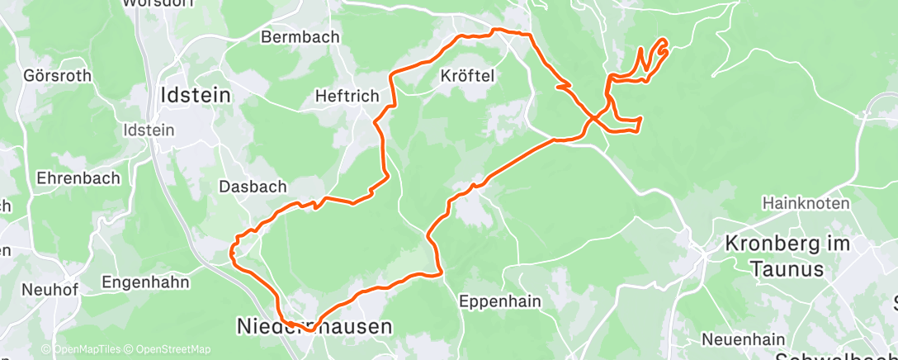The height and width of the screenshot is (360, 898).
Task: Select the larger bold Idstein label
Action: [195, 95]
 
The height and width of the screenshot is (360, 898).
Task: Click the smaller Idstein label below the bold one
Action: [148, 130]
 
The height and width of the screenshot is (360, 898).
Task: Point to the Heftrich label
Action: [347, 97]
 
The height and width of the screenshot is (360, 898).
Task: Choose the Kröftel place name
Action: [468, 76]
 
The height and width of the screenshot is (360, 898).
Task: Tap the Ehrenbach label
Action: [78, 178]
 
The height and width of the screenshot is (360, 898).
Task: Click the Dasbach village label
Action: [252, 187]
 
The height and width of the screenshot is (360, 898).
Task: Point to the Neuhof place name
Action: [50, 289]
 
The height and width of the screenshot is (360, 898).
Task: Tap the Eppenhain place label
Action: [500, 301]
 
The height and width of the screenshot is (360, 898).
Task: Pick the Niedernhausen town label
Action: [314, 327]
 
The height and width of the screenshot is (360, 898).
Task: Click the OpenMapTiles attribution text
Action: [85, 350]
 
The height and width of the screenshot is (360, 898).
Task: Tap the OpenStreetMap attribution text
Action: [173, 350]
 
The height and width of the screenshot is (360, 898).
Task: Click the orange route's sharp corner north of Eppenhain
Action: [443, 272]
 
